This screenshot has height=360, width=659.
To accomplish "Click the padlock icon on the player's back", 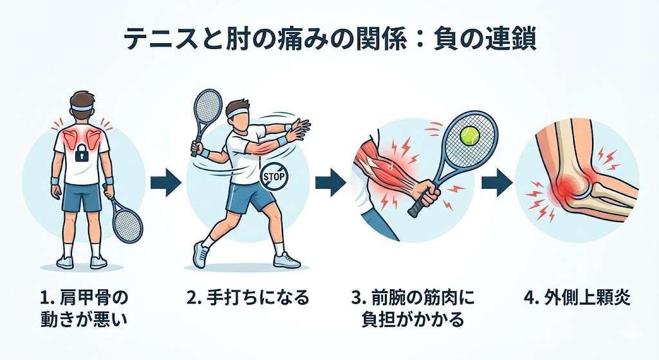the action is point(82,155).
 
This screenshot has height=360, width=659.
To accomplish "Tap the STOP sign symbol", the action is point(273,176).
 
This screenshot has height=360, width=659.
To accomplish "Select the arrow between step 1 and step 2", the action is point(166,182).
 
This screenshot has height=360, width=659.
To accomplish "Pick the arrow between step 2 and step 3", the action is point(331,182).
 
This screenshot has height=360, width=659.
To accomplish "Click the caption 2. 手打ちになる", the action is point(248,298).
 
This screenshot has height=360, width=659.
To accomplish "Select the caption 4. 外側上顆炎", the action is point(577,298).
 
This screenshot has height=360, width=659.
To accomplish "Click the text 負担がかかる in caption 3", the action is point(413,319).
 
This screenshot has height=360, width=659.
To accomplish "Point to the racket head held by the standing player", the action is point(128,225).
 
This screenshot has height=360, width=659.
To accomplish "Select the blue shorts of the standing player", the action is point(82,198).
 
